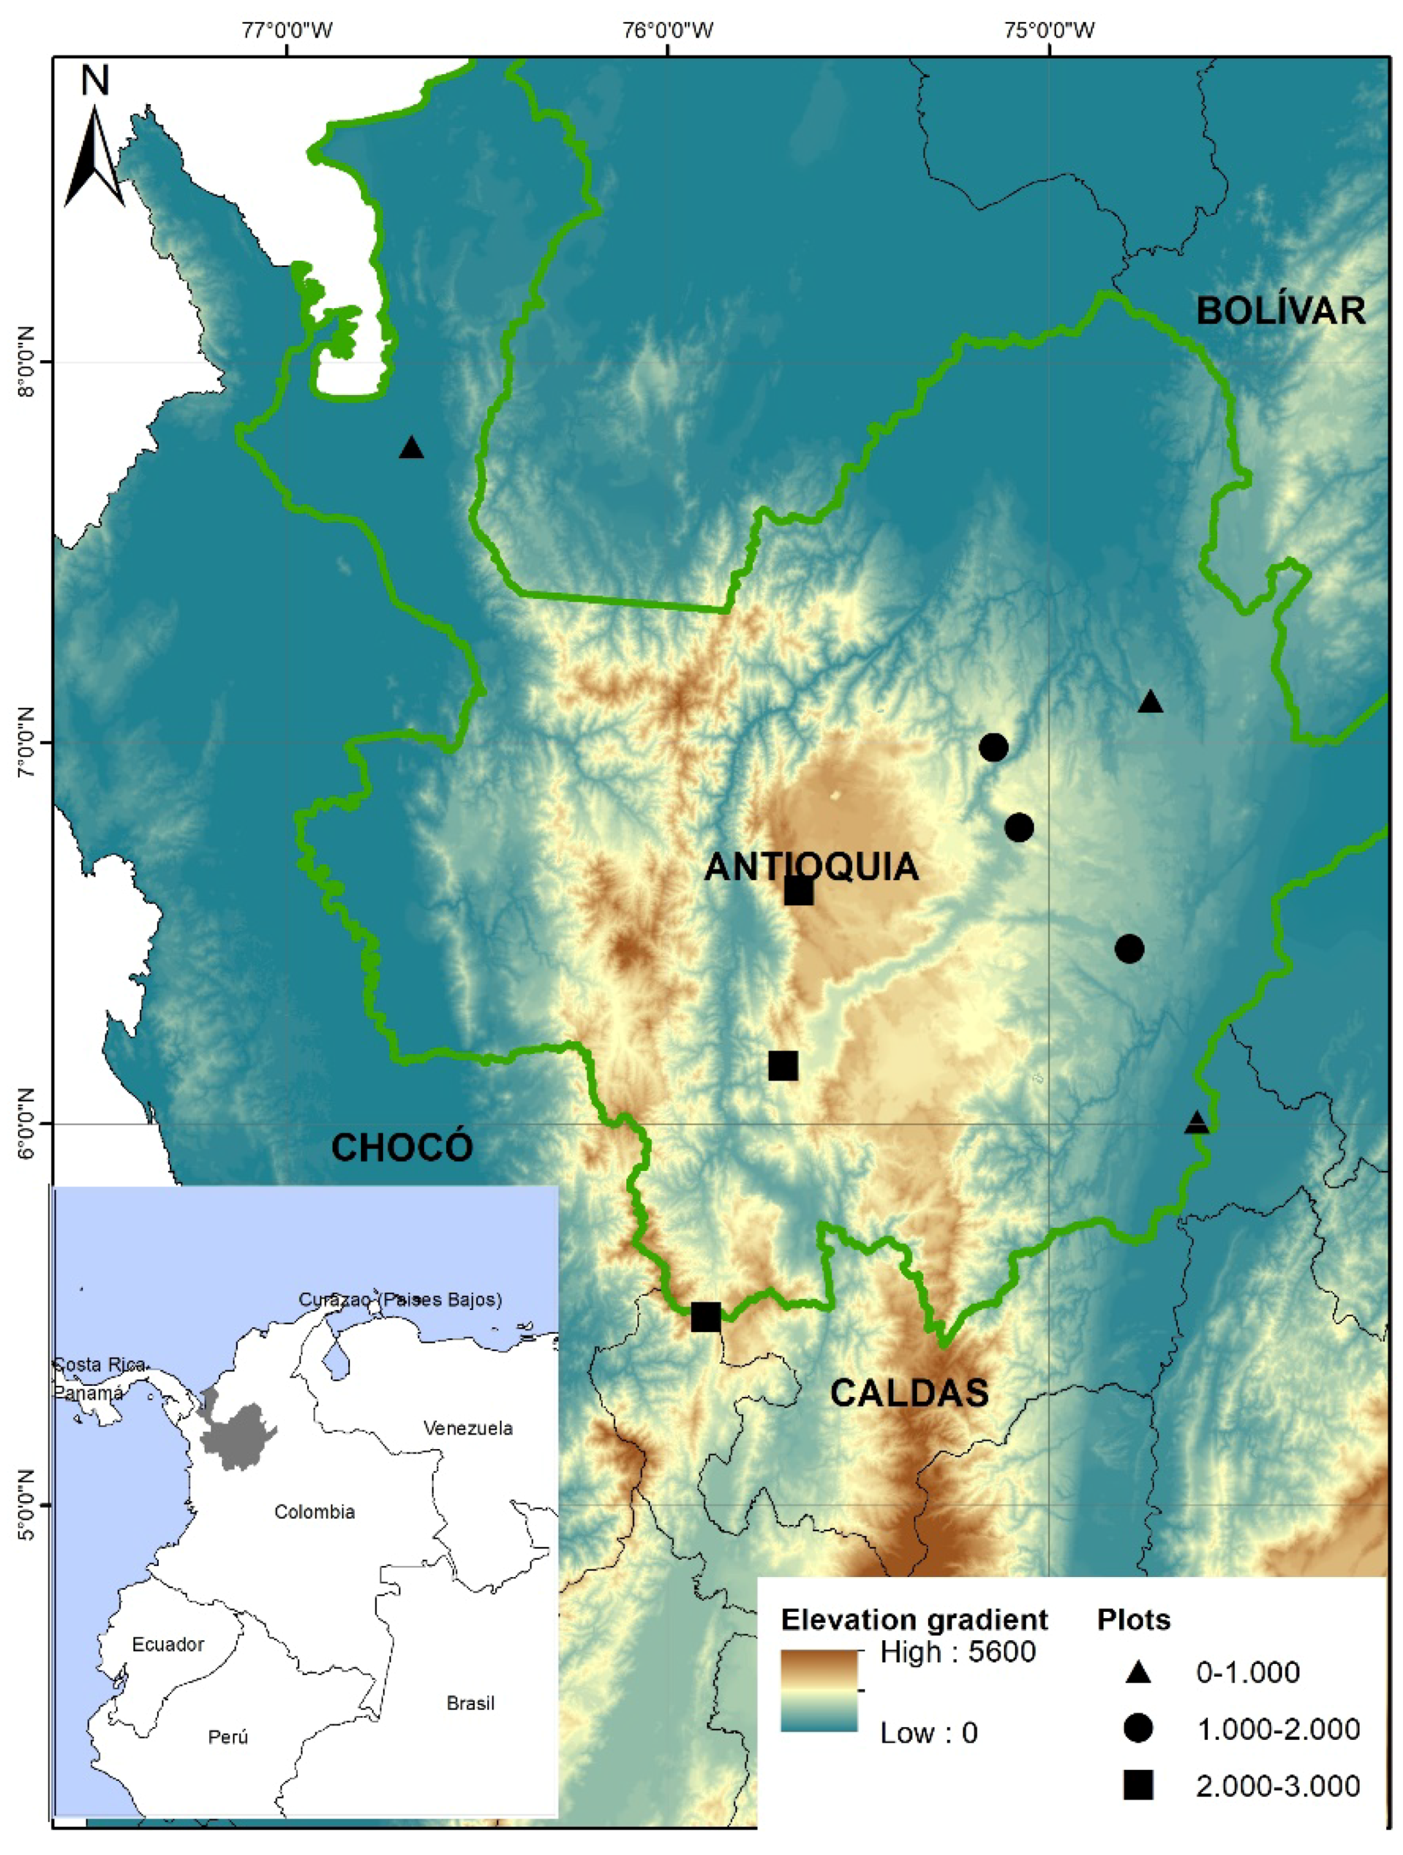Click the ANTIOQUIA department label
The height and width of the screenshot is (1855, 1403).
pyautogui.click(x=811, y=866)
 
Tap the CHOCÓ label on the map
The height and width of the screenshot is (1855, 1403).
pyautogui.click(x=402, y=1147)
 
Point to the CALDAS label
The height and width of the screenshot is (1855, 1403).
pyautogui.click(x=909, y=1392)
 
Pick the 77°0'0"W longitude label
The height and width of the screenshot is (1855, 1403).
pyautogui.click(x=287, y=31)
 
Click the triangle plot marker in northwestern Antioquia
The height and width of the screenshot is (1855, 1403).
pyautogui.click(x=411, y=448)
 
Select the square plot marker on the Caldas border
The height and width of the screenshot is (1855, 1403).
pyautogui.click(x=705, y=1316)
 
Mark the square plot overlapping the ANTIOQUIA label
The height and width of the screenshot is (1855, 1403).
pyautogui.click(x=799, y=891)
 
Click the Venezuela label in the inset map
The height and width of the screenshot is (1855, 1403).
pyautogui.click(x=468, y=1428)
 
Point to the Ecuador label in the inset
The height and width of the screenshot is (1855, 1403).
pyautogui.click(x=168, y=1644)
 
